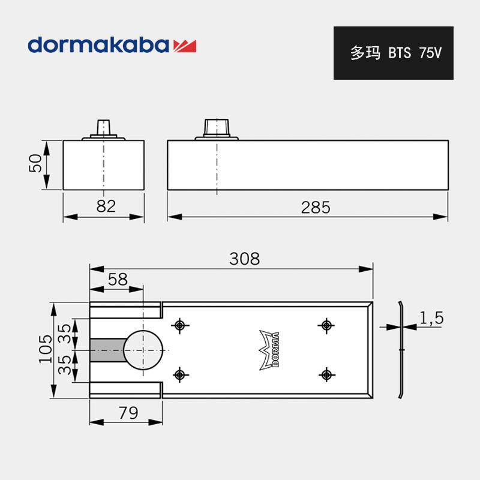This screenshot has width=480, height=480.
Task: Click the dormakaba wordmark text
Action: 98,44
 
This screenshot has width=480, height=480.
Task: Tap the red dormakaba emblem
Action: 185,46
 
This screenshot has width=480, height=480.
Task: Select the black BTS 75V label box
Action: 394,53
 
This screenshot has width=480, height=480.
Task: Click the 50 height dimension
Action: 35,164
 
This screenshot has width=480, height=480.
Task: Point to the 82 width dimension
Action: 106,206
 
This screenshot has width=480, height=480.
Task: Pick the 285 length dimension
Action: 316,208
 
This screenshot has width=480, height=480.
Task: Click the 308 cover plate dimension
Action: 244,259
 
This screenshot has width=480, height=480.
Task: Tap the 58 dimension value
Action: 118,279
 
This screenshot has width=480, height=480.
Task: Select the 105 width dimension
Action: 46,349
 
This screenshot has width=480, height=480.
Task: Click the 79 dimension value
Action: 128,413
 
